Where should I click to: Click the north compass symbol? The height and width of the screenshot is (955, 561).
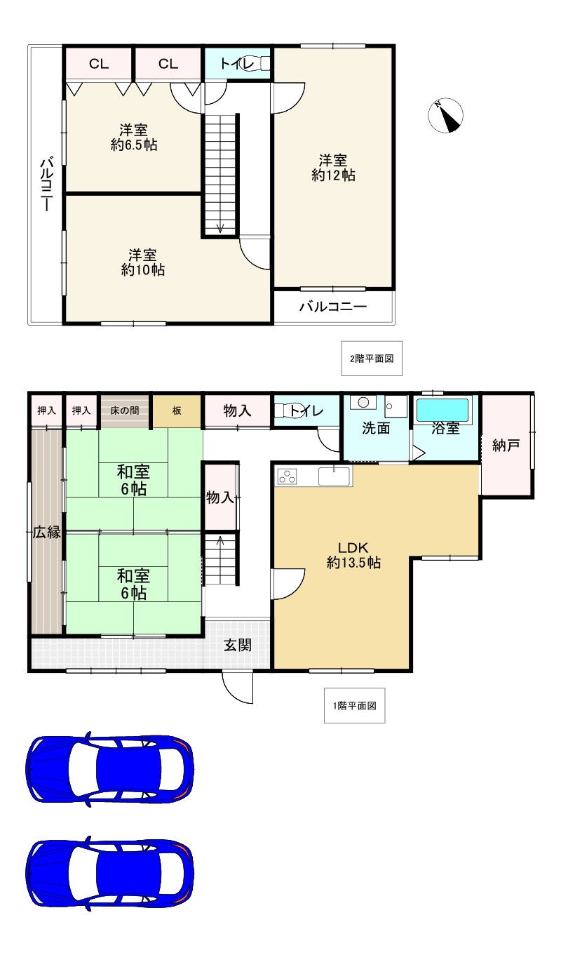(445, 115)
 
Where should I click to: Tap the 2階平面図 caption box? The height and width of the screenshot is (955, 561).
(372, 359)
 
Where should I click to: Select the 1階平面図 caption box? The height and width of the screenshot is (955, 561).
(355, 706)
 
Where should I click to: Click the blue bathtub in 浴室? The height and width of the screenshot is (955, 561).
(442, 410)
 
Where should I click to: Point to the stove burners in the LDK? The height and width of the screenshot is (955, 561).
(287, 476)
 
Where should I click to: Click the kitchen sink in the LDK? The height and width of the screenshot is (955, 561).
(334, 476)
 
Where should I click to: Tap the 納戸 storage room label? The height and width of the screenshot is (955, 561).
(506, 446)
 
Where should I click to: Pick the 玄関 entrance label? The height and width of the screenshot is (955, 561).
(238, 645)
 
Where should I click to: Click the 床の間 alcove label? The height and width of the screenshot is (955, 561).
(124, 410)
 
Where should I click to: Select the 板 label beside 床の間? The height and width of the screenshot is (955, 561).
(177, 410)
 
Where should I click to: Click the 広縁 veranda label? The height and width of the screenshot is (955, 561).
(47, 532)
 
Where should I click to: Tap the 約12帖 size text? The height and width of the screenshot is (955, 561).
(333, 175)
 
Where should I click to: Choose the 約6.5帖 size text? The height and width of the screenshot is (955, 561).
(134, 145)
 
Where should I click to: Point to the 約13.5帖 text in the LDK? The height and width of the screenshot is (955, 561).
(353, 563)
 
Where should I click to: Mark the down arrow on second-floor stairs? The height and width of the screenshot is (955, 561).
(220, 227)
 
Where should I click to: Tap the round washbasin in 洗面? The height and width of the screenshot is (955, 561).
(363, 402)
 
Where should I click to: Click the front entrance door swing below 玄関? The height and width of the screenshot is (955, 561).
(238, 687)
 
